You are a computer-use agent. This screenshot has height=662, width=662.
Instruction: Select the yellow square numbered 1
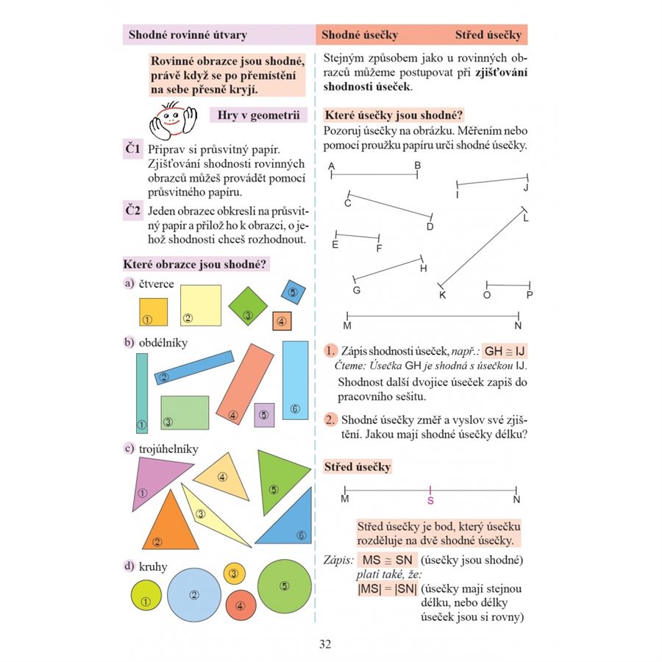154,311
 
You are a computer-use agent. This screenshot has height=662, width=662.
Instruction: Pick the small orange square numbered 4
282,321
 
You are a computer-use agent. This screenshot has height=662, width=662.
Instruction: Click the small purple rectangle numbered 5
264,415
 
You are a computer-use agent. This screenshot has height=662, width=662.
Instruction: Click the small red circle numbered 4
240,605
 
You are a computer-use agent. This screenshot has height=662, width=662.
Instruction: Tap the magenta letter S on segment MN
431,500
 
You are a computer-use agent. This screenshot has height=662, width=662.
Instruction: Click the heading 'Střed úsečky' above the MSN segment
357,466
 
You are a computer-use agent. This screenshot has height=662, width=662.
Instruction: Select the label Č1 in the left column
132,149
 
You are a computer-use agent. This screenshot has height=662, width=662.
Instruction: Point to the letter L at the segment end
525,218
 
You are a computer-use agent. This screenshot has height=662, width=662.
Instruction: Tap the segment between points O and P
508,285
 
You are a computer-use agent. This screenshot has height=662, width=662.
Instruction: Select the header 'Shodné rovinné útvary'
188,35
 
